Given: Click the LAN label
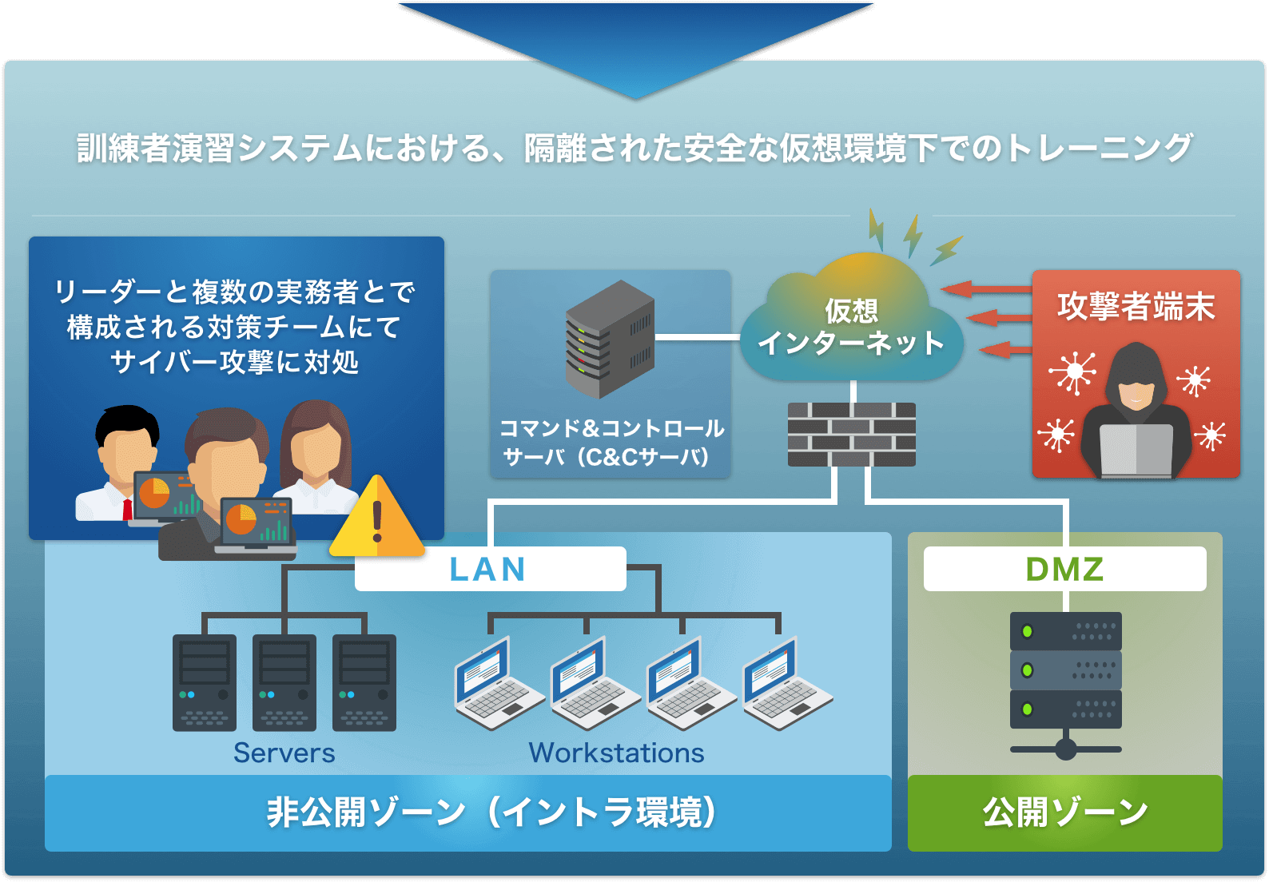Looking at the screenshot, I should pyautogui.click(x=488, y=570).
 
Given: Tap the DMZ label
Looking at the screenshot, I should pyautogui.click(x=1064, y=570).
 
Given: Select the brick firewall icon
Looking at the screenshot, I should pyautogui.click(x=852, y=435).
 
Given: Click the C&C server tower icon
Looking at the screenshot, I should pyautogui.click(x=610, y=340).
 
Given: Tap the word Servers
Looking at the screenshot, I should pyautogui.click(x=284, y=753).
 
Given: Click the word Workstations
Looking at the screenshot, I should pyautogui.click(x=616, y=753).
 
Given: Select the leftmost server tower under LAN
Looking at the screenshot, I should pyautogui.click(x=205, y=682).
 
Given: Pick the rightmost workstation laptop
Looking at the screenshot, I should pyautogui.click(x=786, y=684).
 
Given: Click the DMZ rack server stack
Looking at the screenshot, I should pyautogui.click(x=1065, y=671).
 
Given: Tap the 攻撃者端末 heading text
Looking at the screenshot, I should pyautogui.click(x=1136, y=307).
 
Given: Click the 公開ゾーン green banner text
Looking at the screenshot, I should pyautogui.click(x=1064, y=812).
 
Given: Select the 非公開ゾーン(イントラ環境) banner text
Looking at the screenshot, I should pyautogui.click(x=491, y=812).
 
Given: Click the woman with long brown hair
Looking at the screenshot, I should pyautogui.click(x=316, y=451).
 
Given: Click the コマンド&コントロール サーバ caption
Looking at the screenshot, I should pyautogui.click(x=611, y=443).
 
